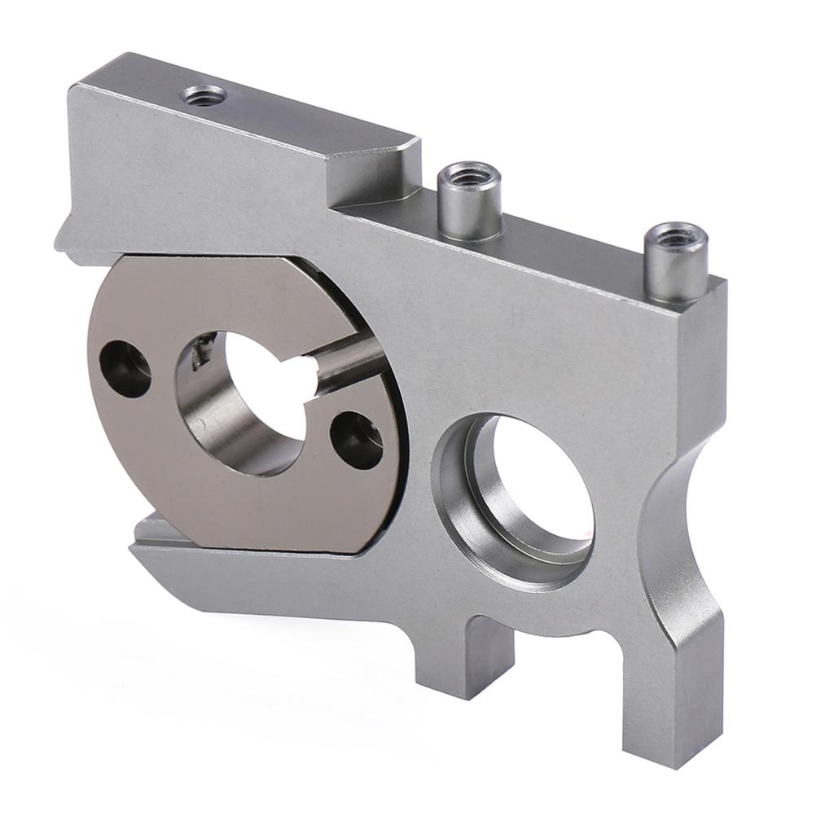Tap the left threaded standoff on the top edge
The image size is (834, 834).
tap(469, 204)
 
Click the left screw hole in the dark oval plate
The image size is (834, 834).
tap(125, 368)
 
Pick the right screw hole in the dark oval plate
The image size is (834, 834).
tap(357, 440)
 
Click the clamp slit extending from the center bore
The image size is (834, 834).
tap(346, 362)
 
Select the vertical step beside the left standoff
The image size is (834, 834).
tap(407, 175)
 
